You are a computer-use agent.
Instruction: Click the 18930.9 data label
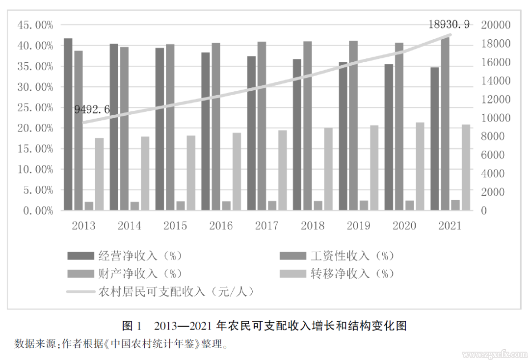(449, 24)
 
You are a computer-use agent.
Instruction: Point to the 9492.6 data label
(92, 109)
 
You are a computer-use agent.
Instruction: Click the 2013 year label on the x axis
(83, 226)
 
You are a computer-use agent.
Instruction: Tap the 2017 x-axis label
(267, 226)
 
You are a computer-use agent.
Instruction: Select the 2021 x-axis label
(450, 226)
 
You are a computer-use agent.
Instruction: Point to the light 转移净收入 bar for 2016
(237, 172)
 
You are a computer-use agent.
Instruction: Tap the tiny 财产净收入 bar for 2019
(364, 206)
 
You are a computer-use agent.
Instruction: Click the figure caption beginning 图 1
(265, 326)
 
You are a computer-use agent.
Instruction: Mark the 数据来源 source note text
(121, 343)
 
